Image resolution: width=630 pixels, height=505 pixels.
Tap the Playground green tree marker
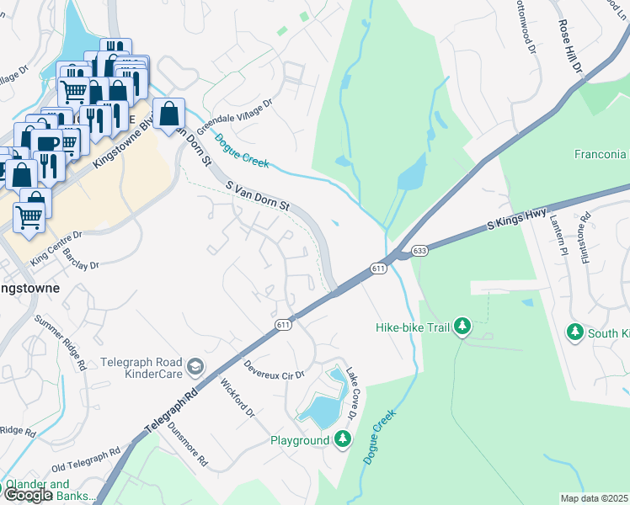coord(343,439)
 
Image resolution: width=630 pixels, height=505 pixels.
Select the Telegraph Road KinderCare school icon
coord(195,365)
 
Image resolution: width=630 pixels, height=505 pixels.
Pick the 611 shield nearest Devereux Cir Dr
coord(283,324)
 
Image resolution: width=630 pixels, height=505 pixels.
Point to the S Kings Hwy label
coord(518,221)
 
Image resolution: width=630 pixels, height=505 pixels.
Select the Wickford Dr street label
coord(238,398)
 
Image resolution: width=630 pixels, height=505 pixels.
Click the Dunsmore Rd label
coord(187,444)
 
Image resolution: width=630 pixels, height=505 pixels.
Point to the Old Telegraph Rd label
coord(85,459)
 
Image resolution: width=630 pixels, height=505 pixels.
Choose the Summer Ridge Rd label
coord(61,343)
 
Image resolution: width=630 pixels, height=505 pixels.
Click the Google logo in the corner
coord(28,495)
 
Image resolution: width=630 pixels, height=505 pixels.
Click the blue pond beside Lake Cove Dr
coord(318,410)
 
